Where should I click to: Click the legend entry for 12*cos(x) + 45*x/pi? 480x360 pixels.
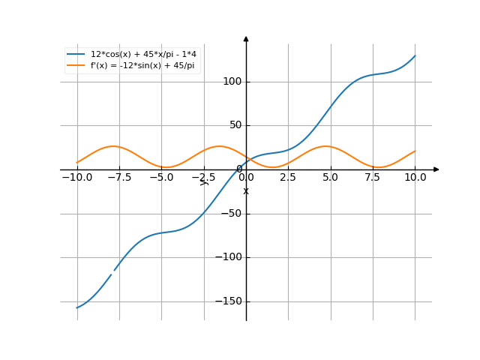click(x=143, y=55)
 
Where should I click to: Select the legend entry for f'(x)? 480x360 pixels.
click(x=142, y=66)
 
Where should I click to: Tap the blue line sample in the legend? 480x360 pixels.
click(x=76, y=55)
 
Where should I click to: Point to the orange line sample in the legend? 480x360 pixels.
click(x=76, y=66)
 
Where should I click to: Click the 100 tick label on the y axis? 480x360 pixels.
click(x=233, y=82)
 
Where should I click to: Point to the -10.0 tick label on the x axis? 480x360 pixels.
click(x=76, y=178)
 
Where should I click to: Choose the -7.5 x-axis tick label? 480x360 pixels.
click(x=118, y=178)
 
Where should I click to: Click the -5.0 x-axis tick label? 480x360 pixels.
click(x=161, y=178)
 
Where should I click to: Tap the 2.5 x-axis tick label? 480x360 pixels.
click(x=288, y=178)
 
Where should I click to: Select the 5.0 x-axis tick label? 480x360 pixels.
click(x=330, y=178)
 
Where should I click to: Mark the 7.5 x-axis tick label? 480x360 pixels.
click(x=373, y=178)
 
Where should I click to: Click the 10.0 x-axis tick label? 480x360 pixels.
click(x=415, y=178)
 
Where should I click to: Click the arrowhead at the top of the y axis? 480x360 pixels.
click(x=246, y=38)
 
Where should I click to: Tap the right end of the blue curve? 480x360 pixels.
click(x=415, y=55)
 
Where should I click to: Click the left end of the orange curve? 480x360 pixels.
click(x=77, y=163)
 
